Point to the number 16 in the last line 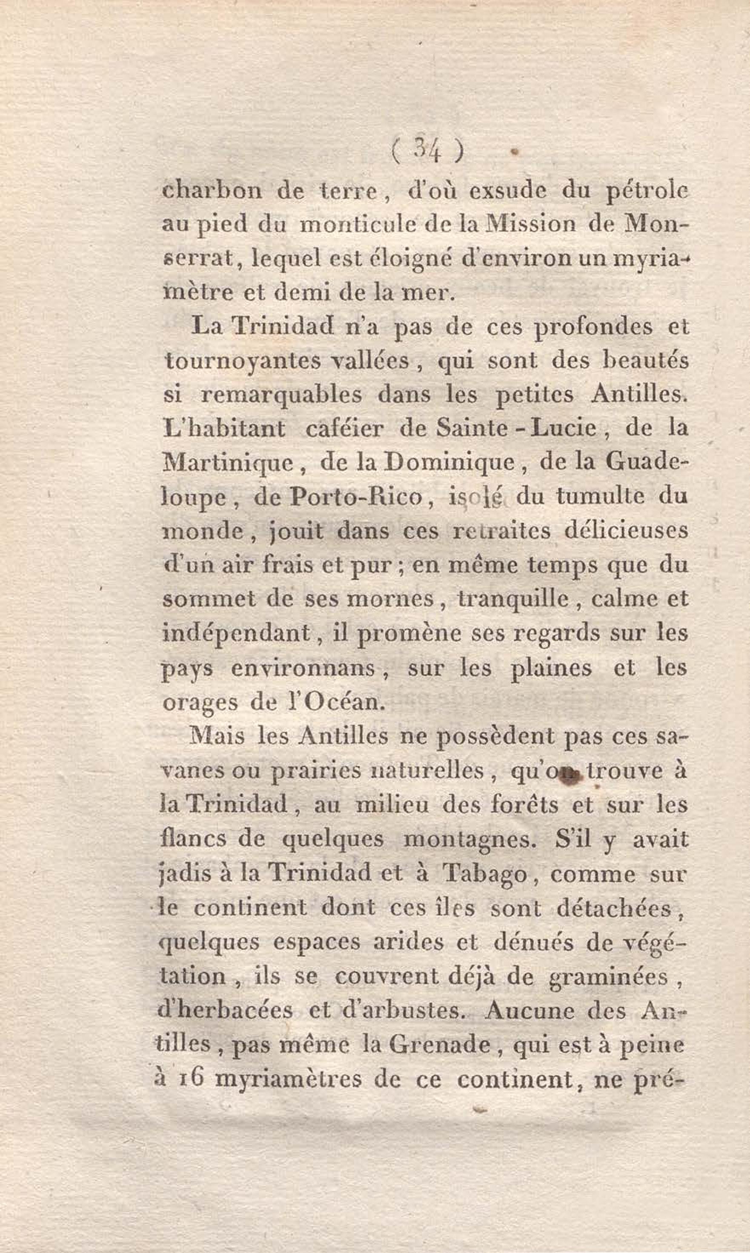[192, 1078]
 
